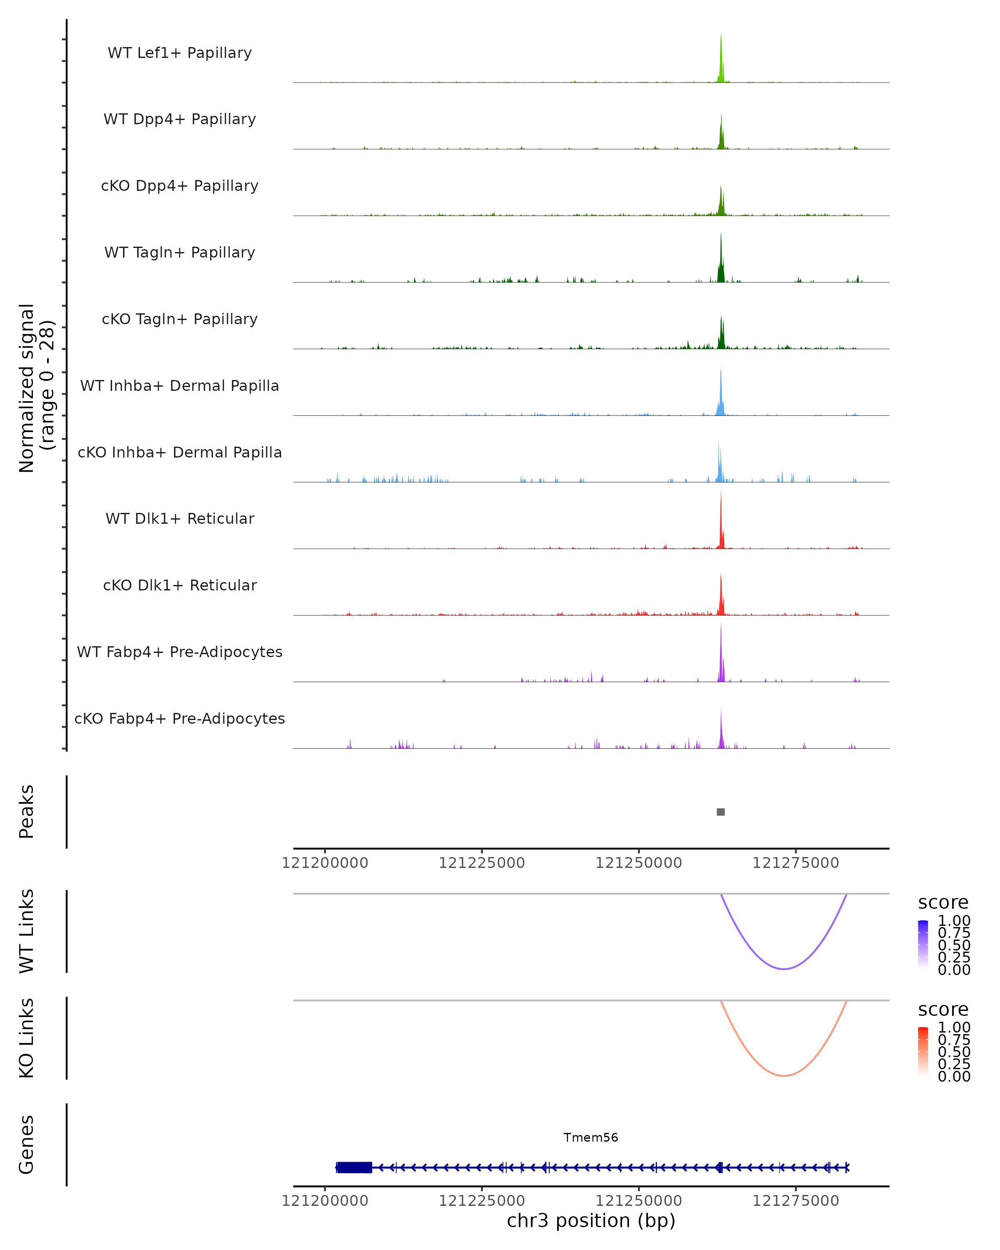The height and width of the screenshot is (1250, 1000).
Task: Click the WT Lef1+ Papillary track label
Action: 180,53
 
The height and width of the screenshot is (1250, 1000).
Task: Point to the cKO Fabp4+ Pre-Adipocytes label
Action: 180,718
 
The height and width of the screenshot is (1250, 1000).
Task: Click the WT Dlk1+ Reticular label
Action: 180,518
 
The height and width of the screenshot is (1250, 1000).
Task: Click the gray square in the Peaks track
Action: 720,812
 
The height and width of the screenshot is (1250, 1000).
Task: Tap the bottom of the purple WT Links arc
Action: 783,968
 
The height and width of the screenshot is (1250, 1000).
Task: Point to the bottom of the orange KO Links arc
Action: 783,1075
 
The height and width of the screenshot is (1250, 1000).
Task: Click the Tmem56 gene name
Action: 591,1137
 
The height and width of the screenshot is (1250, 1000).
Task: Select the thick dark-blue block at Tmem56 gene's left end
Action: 354,1167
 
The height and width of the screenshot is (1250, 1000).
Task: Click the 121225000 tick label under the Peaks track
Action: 482,863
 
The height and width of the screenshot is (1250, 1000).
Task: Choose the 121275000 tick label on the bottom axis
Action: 795,1201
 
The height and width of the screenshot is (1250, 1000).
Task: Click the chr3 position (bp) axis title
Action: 591,1220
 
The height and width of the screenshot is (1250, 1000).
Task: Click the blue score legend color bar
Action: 923,944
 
